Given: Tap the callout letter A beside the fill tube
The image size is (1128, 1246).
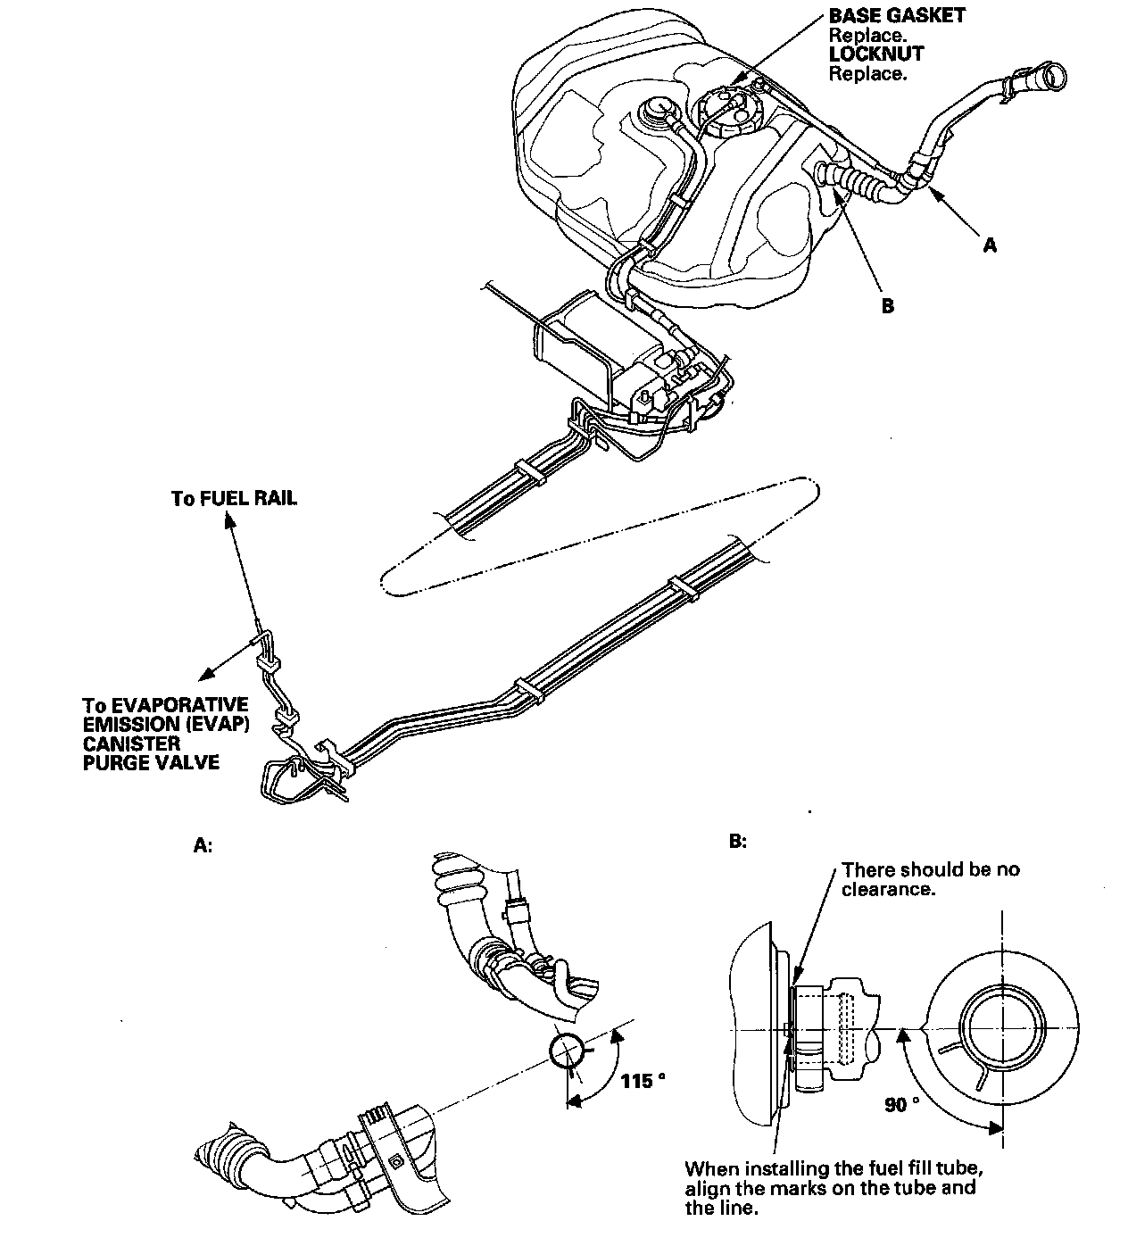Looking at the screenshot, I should [989, 245].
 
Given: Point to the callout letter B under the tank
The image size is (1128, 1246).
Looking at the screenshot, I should [887, 306].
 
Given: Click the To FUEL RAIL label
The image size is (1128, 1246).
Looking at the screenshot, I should [234, 498].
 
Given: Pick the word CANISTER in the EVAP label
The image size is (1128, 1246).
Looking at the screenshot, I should [131, 743].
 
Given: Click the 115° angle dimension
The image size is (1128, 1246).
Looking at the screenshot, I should [643, 1081].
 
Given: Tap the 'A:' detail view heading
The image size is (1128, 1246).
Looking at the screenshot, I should [203, 844].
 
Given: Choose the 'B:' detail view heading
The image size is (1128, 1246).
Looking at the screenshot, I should [737, 841].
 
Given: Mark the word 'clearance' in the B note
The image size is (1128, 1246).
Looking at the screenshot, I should [888, 890].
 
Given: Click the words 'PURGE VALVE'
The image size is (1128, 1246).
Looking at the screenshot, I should [151, 762].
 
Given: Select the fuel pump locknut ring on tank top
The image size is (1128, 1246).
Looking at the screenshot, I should [725, 112].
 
